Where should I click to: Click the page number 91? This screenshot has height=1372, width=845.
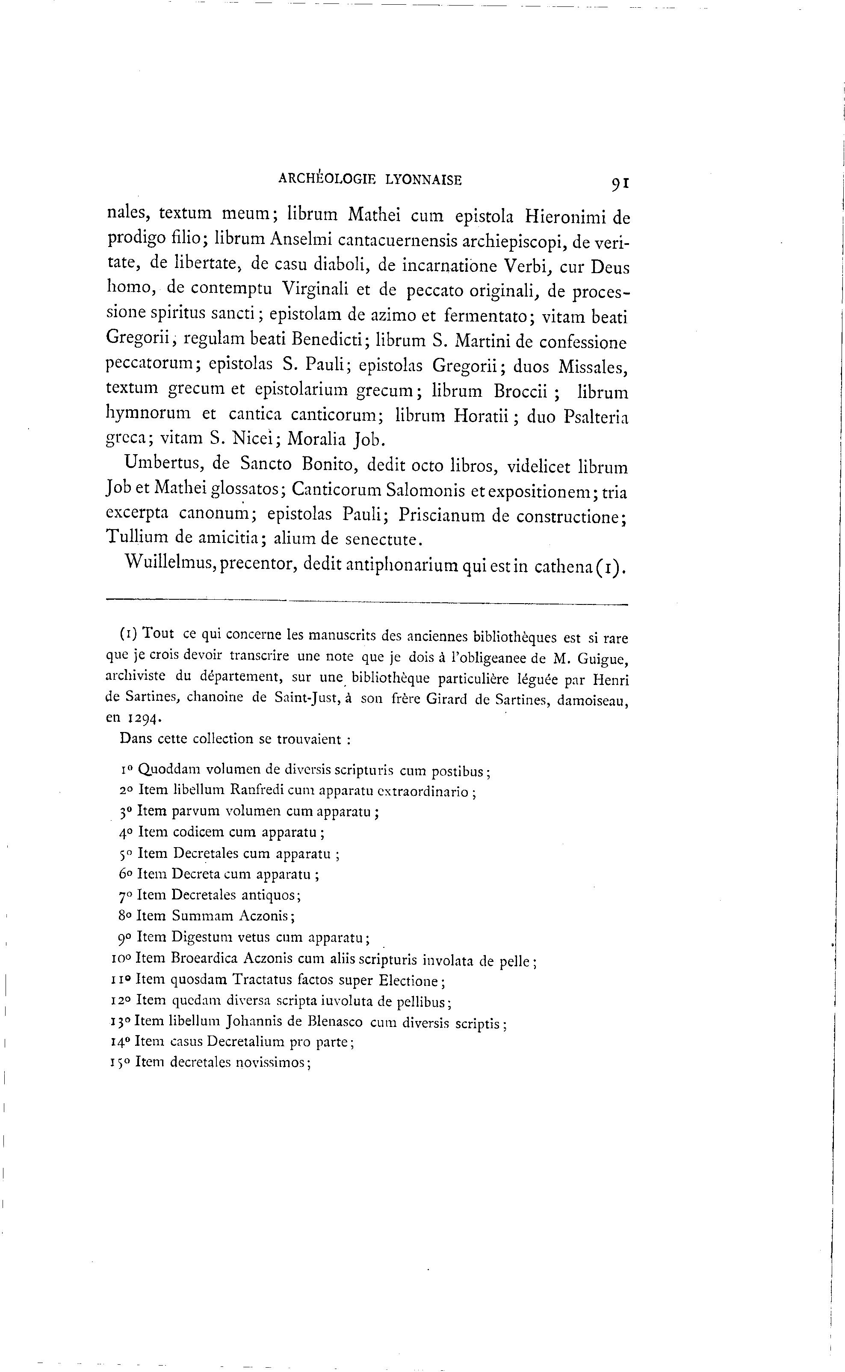pyautogui.click(x=620, y=184)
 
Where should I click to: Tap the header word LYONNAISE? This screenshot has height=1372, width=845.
pyautogui.click(x=424, y=179)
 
